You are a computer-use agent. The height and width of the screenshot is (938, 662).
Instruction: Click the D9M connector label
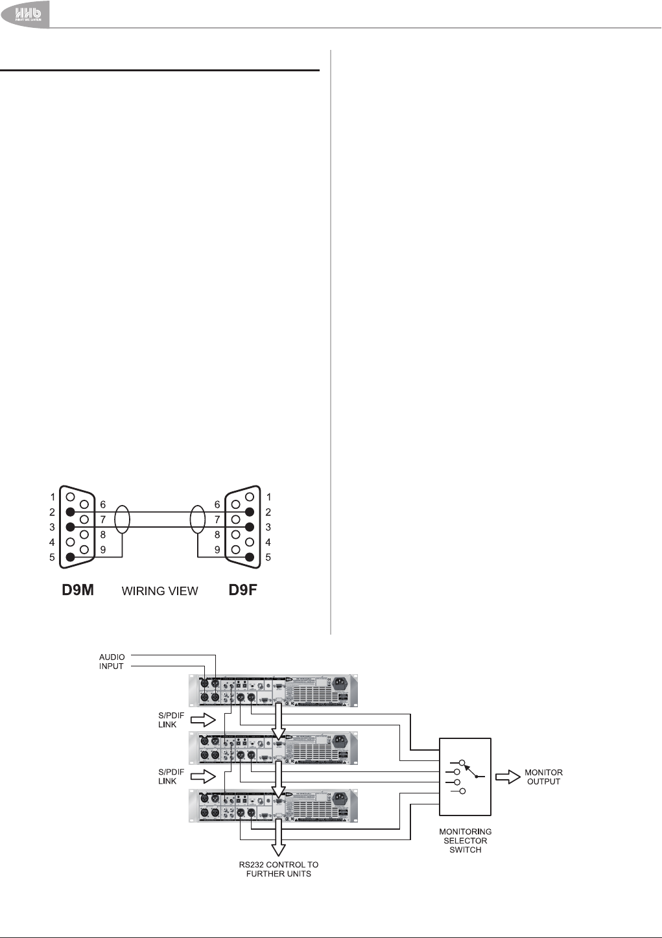(78, 590)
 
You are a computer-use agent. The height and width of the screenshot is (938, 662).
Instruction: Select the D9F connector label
(242, 590)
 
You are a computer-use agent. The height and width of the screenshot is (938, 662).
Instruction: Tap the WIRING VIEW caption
(160, 591)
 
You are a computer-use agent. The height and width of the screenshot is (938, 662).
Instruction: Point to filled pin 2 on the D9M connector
(70, 512)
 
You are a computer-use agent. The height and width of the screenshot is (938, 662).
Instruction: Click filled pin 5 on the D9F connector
(250, 557)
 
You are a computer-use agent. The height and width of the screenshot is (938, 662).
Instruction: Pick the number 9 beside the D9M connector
(102, 550)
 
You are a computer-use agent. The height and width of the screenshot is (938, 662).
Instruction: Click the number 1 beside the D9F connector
(268, 497)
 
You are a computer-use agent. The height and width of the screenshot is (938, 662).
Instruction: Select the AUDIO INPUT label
(112, 661)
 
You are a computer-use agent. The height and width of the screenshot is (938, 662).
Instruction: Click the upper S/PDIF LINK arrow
(203, 720)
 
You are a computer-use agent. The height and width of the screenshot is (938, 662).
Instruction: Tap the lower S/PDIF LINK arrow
(203, 776)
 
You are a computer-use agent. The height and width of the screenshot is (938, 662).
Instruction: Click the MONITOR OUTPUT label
(543, 777)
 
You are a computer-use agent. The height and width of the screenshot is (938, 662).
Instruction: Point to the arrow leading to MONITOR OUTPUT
(508, 777)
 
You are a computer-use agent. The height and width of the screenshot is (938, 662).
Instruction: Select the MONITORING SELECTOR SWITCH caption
(465, 840)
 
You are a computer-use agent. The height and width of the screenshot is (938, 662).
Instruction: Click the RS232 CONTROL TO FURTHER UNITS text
(279, 869)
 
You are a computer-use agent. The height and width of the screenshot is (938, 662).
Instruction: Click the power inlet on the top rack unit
(340, 683)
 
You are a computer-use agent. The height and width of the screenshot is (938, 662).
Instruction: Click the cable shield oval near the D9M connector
(122, 520)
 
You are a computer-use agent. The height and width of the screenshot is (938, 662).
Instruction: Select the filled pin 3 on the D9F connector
(250, 527)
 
